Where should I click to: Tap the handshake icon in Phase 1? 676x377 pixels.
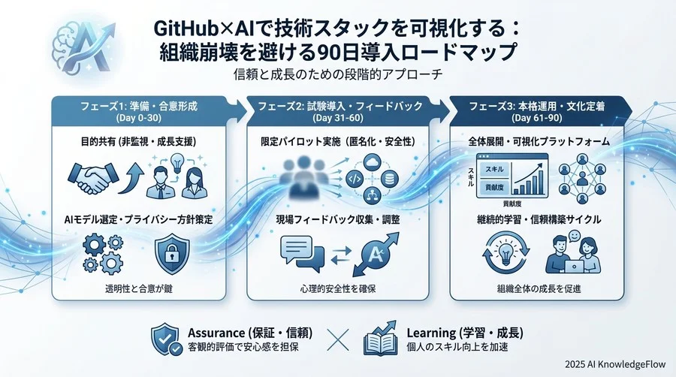[x=92, y=178]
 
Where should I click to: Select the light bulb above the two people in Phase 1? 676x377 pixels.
[x=177, y=163]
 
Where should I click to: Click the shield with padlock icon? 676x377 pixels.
[x=171, y=254]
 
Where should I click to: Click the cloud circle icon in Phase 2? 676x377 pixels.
[x=372, y=163]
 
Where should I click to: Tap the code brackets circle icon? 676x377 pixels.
[x=355, y=179]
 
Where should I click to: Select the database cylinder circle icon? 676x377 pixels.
[x=390, y=179]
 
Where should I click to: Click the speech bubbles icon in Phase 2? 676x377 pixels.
[x=302, y=253]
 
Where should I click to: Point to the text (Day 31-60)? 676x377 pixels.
[x=337, y=118]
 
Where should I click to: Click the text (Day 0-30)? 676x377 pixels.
[x=138, y=118]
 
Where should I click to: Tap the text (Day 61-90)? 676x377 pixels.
[x=537, y=118]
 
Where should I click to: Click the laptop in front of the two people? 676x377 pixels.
[x=574, y=267]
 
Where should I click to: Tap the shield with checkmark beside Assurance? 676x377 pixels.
[x=167, y=339]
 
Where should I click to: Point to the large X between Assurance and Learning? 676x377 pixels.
[x=337, y=340]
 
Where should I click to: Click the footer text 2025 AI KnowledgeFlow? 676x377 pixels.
[x=615, y=364]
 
